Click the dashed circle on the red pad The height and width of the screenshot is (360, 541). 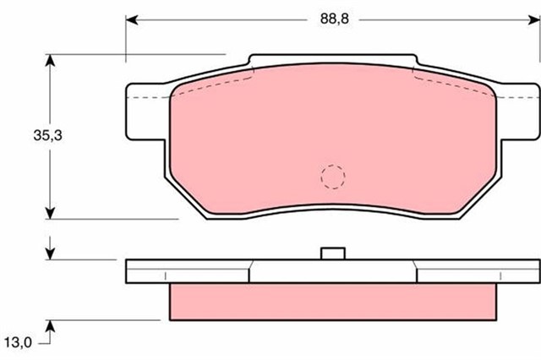(332, 176)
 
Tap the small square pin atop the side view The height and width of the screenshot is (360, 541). (332, 253)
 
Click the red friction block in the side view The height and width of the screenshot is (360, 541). (332, 301)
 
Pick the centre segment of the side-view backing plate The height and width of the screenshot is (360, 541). (332, 270)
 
